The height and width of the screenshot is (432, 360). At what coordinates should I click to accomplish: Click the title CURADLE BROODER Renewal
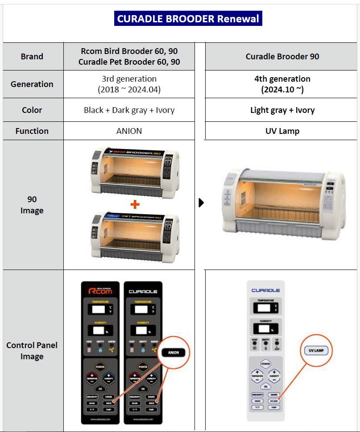click(188, 19)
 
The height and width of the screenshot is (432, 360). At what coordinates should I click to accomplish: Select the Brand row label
click(32, 57)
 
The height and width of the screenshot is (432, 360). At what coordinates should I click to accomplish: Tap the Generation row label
click(32, 84)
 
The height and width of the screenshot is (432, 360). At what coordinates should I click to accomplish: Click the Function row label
click(32, 131)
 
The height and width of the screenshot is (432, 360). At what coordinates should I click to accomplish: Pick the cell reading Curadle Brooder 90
click(282, 57)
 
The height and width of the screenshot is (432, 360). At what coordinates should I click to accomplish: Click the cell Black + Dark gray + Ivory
click(129, 110)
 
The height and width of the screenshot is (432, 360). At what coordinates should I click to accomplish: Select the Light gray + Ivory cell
click(282, 110)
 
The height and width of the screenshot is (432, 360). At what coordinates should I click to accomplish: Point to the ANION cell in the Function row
click(129, 131)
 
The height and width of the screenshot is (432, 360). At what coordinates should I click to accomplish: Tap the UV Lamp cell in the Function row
click(282, 131)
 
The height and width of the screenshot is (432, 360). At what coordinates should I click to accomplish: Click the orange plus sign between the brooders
click(135, 205)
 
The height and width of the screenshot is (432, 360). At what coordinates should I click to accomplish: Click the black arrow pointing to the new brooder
click(201, 203)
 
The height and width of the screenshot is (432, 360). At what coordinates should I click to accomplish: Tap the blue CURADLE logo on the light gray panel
click(266, 291)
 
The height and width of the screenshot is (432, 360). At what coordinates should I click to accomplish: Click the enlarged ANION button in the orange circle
click(174, 352)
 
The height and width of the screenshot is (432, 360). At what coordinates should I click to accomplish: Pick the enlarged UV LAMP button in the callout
click(315, 351)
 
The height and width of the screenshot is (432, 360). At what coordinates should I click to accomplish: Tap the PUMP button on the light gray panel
click(273, 407)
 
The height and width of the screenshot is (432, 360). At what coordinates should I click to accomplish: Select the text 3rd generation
click(129, 79)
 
